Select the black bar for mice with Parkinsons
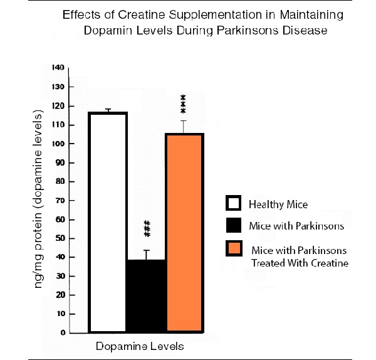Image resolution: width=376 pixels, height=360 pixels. pyautogui.click(x=146, y=295)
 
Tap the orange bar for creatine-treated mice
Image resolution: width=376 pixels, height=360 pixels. pyautogui.click(x=184, y=232)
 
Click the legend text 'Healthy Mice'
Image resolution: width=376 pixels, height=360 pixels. pyautogui.click(x=278, y=204)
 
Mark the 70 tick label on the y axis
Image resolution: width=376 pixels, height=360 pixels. pyautogui.click(x=60, y=200)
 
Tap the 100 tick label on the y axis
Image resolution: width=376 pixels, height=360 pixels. pyautogui.click(x=58, y=143)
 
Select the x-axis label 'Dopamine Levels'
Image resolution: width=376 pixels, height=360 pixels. pyautogui.click(x=140, y=347)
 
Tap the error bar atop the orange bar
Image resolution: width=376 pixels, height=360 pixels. pyautogui.click(x=184, y=126)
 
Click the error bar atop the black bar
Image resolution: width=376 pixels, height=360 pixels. pyautogui.click(x=146, y=254)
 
